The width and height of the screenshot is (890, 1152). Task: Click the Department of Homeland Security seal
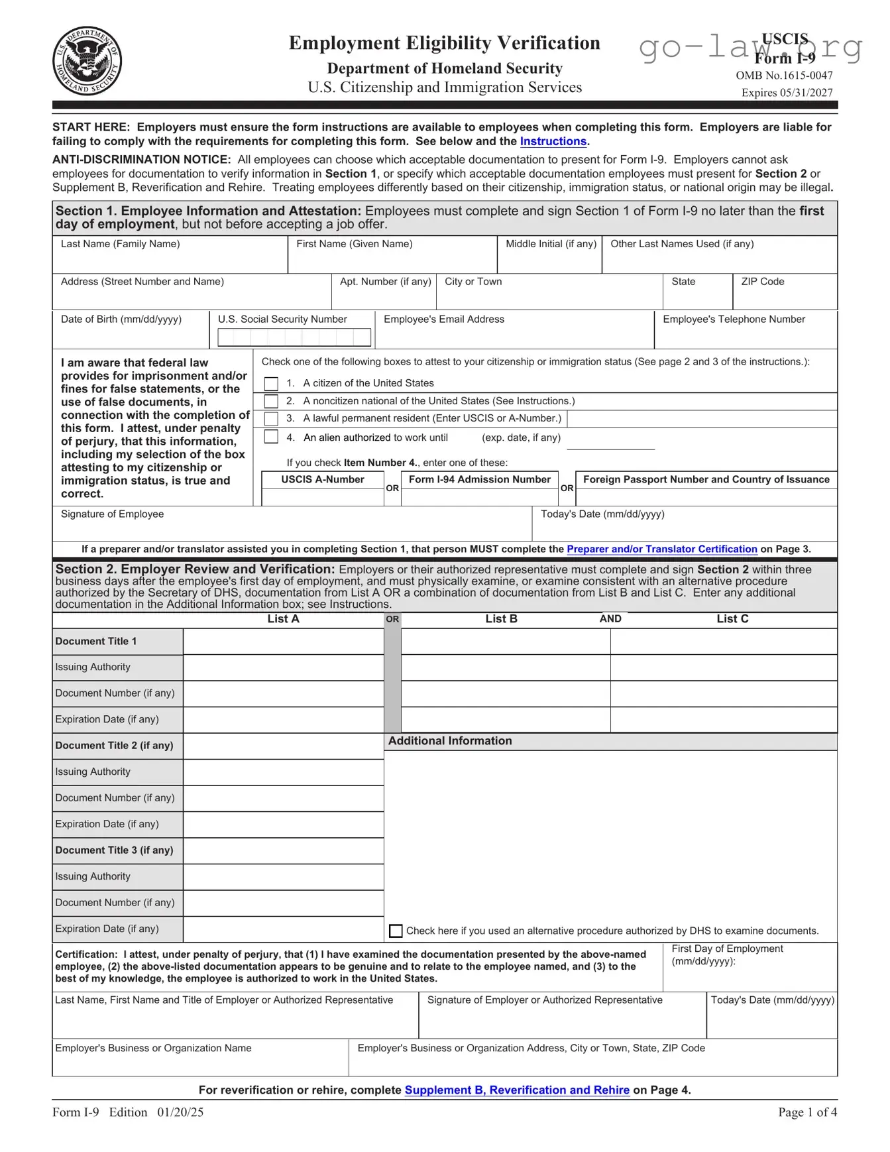pos(87,61)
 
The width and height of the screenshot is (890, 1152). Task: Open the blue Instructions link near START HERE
pos(553,141)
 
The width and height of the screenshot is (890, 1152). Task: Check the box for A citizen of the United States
pos(271,384)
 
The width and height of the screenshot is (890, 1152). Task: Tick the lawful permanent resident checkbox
pos(271,419)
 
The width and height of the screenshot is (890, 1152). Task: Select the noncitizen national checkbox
pos(271,401)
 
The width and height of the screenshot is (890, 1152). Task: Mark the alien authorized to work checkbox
pos(271,437)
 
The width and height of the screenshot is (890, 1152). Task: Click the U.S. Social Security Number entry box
pos(294,337)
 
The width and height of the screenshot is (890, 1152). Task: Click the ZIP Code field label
pos(762,282)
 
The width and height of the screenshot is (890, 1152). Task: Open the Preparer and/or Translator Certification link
pos(661,549)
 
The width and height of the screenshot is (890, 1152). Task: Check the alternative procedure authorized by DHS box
pos(396,931)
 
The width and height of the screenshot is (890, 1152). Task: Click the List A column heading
pos(283,619)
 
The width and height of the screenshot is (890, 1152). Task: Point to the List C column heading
pos(732,619)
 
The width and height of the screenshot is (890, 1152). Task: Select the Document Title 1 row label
pos(96,641)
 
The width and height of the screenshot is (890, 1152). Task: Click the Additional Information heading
pos(450,741)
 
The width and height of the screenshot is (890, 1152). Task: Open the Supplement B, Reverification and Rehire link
pos(517,1090)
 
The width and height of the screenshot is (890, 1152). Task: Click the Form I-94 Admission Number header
pos(479,479)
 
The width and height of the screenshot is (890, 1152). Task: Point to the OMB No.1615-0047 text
pos(784,76)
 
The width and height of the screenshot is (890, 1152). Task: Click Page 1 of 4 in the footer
pos(807,1112)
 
